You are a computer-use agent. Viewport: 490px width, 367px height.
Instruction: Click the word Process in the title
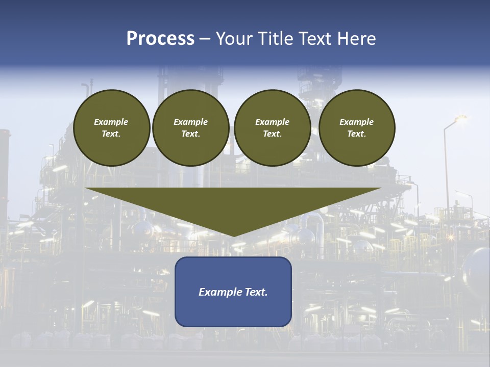pos(160,39)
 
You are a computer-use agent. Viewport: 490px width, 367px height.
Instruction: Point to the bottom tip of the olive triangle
pos(233,235)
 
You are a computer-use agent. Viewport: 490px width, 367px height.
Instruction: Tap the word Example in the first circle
pos(111,122)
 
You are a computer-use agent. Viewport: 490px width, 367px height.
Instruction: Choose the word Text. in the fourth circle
pos(357,134)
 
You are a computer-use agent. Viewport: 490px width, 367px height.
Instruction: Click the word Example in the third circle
pos(272,122)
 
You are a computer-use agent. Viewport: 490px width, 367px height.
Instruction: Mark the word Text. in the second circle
pos(191,134)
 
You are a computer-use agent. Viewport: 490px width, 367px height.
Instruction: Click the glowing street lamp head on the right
pos(460,118)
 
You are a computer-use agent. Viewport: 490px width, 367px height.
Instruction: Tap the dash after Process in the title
pos(205,39)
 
